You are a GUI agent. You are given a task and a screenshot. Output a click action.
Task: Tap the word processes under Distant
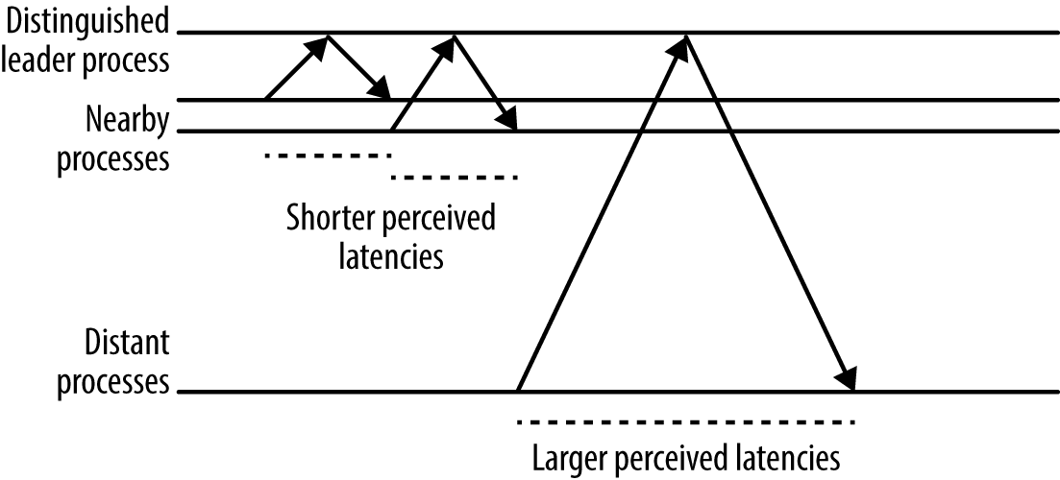click(113, 382)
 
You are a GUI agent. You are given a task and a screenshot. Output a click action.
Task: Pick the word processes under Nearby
click(113, 157)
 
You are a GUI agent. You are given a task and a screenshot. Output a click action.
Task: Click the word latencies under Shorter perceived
click(391, 256)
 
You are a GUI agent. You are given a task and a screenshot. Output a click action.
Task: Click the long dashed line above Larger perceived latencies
click(685, 422)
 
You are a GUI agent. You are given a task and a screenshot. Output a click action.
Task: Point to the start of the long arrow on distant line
click(519, 391)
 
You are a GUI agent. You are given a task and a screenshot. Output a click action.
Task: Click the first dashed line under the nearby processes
click(327, 155)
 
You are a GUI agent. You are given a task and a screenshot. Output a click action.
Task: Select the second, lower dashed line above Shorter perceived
click(454, 178)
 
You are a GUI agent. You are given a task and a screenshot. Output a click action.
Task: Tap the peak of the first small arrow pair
click(329, 36)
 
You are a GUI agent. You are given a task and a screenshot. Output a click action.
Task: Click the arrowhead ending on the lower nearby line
click(506, 121)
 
